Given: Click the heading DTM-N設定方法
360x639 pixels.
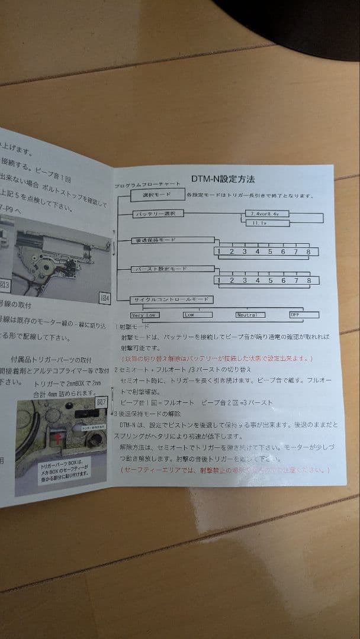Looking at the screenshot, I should [223, 179].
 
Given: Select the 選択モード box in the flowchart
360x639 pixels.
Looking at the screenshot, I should [156, 194].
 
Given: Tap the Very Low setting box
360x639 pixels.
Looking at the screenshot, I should [144, 315].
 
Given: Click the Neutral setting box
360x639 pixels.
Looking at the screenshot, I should [250, 315].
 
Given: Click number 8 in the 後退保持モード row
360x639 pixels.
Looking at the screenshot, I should [308, 251].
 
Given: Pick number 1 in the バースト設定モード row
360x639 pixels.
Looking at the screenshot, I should [219, 280].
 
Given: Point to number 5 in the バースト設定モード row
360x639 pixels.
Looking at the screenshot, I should [270, 280].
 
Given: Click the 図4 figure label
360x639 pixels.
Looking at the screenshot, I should [104, 298].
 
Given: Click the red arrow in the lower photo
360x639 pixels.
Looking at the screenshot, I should [60, 438].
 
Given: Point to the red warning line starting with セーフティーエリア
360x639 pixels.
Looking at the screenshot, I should [224, 470].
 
